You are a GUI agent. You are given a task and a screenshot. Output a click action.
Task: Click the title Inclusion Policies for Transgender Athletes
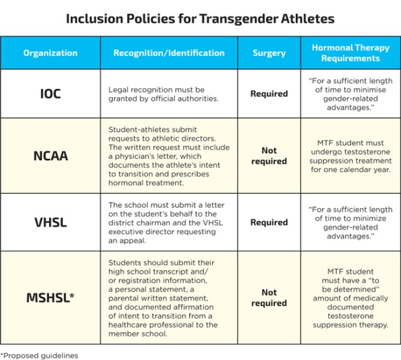click(200, 18)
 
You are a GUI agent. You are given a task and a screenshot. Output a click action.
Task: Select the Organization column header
click(50, 53)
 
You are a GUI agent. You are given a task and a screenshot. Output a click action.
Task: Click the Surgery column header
click(269, 53)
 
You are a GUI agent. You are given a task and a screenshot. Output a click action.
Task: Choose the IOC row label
click(50, 93)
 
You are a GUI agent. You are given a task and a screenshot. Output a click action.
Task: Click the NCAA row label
click(50, 156)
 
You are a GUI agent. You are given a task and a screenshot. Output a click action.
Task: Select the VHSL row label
click(50, 222)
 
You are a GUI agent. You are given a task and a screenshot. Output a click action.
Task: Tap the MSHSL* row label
click(50, 298)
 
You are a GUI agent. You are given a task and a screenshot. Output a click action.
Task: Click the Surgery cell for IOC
click(269, 93)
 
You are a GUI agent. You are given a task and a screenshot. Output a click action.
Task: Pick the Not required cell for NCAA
click(269, 156)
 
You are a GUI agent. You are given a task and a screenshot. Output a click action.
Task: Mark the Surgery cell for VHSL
click(269, 222)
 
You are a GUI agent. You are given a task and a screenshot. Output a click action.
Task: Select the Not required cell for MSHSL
click(269, 298)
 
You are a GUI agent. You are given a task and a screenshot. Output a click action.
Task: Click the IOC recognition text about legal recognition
click(156, 93)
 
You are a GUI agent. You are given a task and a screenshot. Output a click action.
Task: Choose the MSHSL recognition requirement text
click(163, 298)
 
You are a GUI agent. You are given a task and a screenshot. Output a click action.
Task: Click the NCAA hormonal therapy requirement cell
click(350, 156)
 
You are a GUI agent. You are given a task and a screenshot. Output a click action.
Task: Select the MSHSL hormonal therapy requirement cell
click(350, 298)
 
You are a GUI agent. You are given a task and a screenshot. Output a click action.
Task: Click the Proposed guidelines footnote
click(39, 355)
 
